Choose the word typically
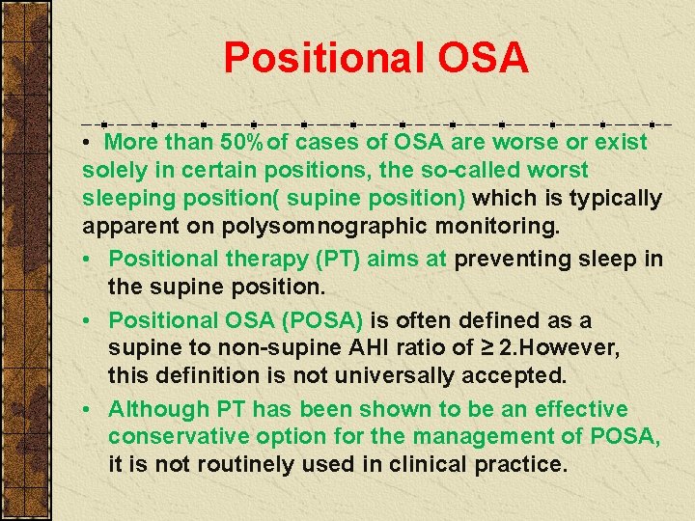[x=617, y=199]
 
